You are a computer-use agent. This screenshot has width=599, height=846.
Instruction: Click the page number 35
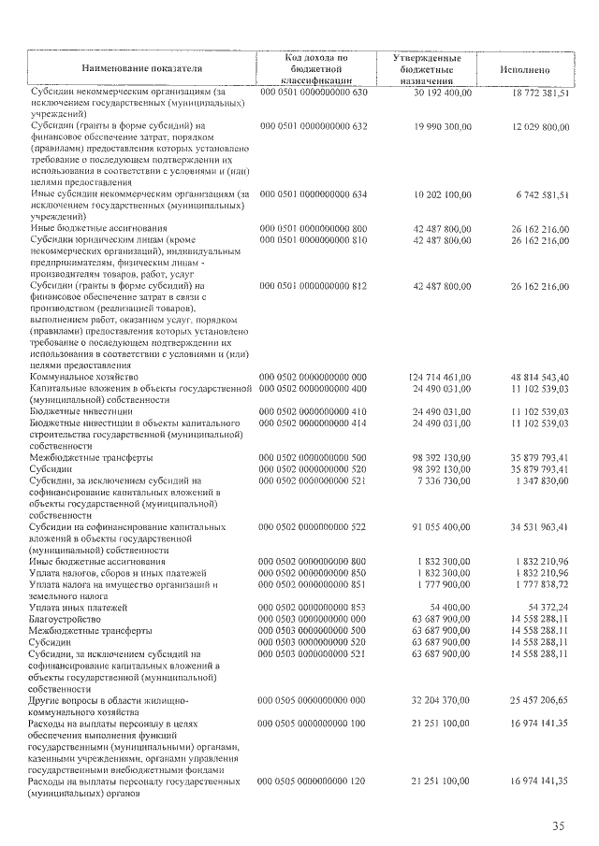(x=558, y=824)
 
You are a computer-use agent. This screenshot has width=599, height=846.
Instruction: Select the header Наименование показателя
(x=141, y=69)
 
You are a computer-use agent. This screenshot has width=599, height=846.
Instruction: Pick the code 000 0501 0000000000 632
(x=314, y=124)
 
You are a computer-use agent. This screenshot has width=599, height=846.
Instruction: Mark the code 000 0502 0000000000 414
(x=314, y=423)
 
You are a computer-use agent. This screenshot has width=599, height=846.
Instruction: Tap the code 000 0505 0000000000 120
(x=314, y=780)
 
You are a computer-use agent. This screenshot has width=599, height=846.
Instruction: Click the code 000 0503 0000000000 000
(x=314, y=618)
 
